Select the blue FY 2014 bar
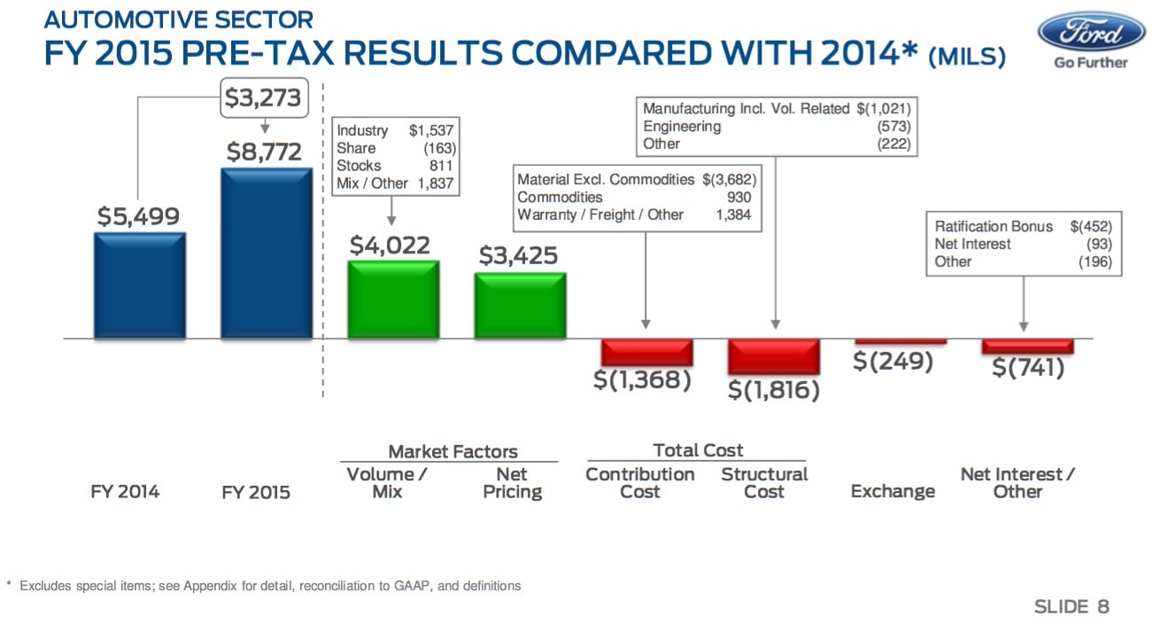point(140,285)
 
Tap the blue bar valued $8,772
point(267,254)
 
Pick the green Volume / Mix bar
point(393,299)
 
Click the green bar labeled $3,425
point(520,305)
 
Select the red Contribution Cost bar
point(646,352)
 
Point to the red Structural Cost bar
point(773,356)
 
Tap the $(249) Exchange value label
point(893,362)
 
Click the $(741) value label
point(1028,367)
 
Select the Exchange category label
point(893,491)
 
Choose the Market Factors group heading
point(452,451)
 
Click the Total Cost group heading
point(698,450)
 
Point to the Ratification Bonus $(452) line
point(1023,226)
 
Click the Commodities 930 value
point(739,198)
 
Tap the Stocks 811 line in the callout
point(394,166)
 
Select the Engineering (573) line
point(776,127)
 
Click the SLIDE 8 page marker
point(1071,606)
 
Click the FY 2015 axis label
point(256,492)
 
